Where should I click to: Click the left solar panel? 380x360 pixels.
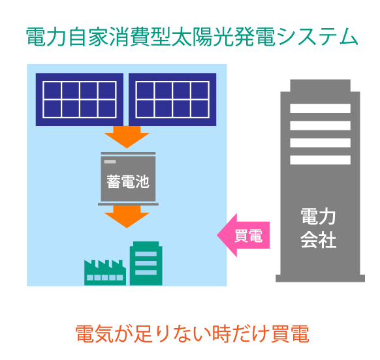[x=79, y=99]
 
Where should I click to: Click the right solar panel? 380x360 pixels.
[x=172, y=99]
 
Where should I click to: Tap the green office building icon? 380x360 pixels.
[x=146, y=263]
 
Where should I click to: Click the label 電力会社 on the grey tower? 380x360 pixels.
[x=318, y=229]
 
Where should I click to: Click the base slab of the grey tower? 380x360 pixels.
[x=319, y=277]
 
